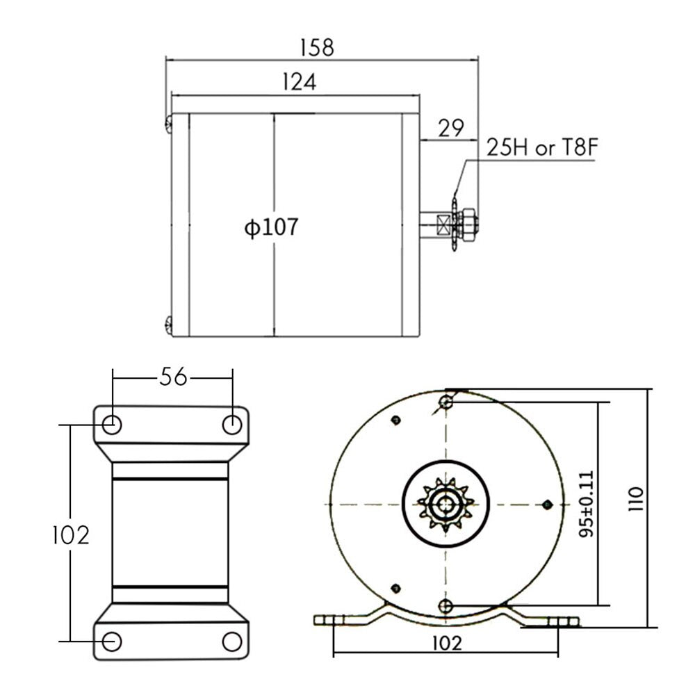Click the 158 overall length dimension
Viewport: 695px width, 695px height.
[x=317, y=47]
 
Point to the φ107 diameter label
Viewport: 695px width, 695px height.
[x=270, y=227]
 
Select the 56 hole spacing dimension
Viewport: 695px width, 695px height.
[x=172, y=377]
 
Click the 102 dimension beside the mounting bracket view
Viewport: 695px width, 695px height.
[x=72, y=534]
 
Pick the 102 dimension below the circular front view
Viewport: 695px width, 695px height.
[x=445, y=643]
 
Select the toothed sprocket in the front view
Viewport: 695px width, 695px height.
[x=445, y=504]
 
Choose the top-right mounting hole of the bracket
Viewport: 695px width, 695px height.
[x=231, y=423]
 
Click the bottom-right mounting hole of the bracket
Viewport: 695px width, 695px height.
[x=231, y=640]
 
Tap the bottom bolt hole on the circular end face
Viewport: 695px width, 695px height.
[x=446, y=605]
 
